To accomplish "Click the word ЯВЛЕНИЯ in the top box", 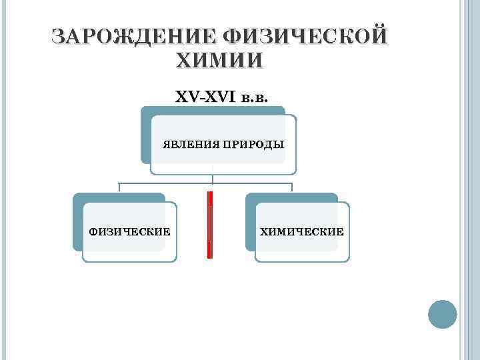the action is click(x=189, y=144).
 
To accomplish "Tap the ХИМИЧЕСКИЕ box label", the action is click(x=302, y=232).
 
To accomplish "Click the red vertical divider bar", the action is click(x=210, y=224).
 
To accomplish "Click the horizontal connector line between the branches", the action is click(x=167, y=182).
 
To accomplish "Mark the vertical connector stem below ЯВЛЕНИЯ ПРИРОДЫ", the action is click(x=213, y=177).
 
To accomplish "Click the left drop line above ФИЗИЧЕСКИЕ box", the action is click(x=119, y=187).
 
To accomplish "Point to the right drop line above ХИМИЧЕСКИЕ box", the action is click(x=293, y=187).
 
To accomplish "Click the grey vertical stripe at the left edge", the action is click(x=3, y=180).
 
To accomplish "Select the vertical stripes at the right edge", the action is click(x=467, y=180).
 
